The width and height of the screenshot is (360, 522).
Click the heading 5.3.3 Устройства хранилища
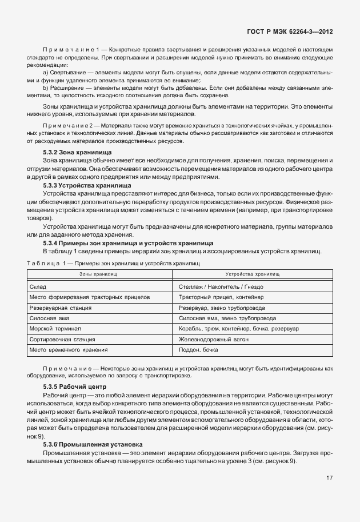pos(87,185)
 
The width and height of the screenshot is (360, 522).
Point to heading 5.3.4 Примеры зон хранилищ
pos(127,243)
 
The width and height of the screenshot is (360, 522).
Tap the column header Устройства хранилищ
pos(252,275)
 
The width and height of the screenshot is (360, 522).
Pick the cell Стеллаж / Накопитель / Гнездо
pos(221,287)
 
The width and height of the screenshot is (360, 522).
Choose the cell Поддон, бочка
pos(198,349)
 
